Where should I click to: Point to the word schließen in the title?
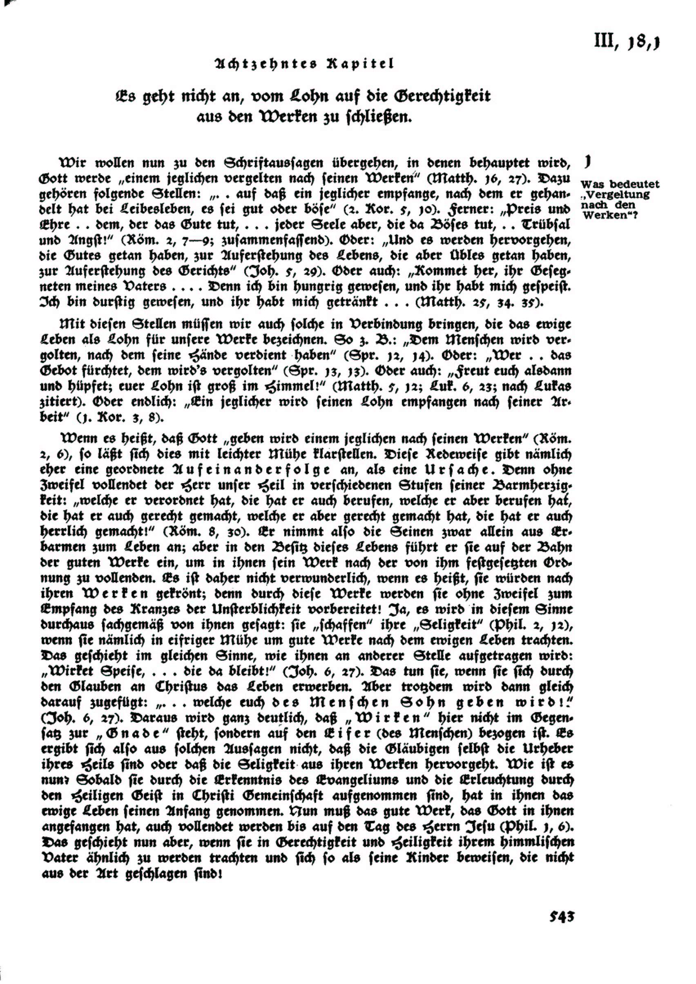click(379, 117)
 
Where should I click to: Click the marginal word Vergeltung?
click(616, 195)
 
